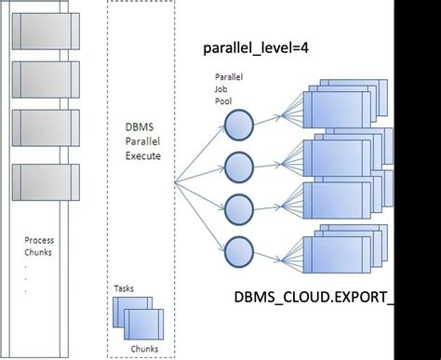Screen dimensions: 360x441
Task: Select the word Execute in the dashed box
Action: (x=142, y=157)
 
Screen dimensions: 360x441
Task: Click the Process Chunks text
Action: (x=39, y=247)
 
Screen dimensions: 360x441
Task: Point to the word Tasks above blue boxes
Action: (x=124, y=289)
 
